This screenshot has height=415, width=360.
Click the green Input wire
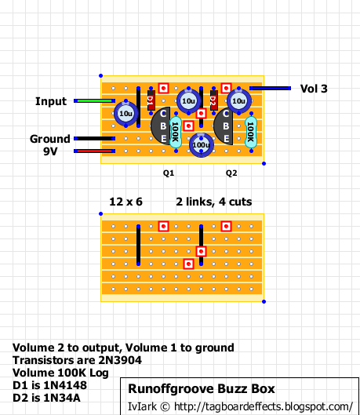(x=94, y=101)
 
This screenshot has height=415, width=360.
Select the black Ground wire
(x=94, y=138)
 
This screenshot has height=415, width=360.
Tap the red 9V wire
(x=94, y=151)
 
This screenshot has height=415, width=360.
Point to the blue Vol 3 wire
(x=270, y=88)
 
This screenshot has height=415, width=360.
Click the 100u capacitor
(x=202, y=145)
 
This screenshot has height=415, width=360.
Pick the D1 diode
(x=151, y=100)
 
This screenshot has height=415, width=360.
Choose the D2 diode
(x=213, y=100)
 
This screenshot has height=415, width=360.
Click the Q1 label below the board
(x=169, y=173)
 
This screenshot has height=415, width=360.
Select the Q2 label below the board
(x=231, y=173)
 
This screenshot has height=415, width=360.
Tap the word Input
(x=51, y=102)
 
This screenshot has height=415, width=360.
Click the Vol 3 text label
(x=314, y=89)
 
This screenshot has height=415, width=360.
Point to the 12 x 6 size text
(x=126, y=202)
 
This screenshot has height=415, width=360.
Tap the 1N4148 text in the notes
(x=65, y=385)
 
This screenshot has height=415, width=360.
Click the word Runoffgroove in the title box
(x=171, y=389)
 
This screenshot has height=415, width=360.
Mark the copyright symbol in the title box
(x=165, y=406)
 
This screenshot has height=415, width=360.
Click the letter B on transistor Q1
(x=163, y=126)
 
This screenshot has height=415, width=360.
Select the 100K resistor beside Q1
(x=176, y=133)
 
